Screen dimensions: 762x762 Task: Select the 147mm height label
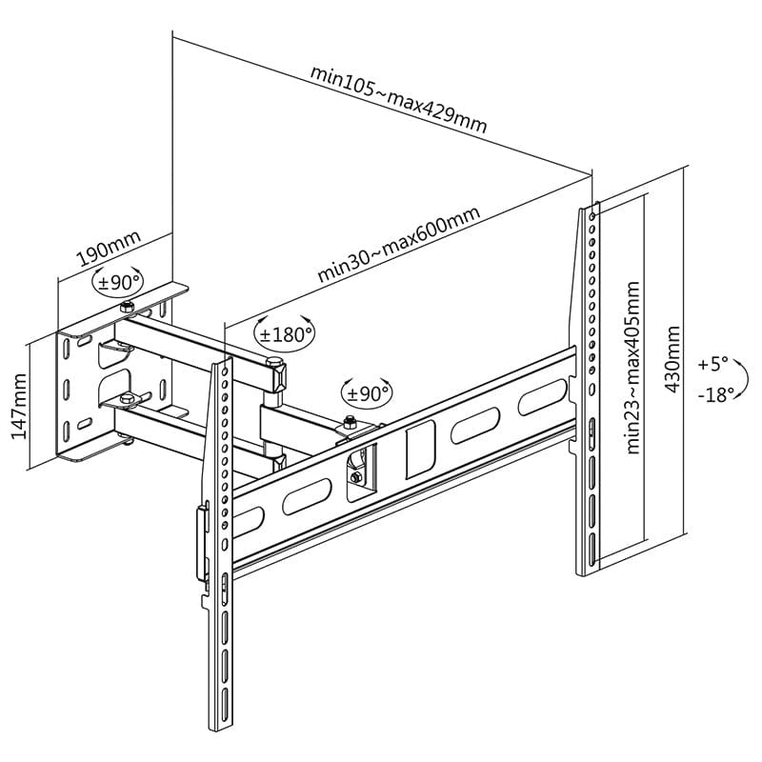[17, 406]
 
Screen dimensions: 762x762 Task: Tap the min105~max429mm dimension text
[398, 99]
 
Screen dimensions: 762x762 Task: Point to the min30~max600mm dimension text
[398, 245]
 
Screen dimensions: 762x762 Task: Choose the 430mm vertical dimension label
[672, 359]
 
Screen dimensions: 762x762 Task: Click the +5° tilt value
[712, 364]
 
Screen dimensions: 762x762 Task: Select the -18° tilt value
[713, 394]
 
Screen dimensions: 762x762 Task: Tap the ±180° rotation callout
[284, 334]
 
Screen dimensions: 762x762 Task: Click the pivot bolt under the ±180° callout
[274, 362]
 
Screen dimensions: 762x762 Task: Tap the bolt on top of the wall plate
[127, 307]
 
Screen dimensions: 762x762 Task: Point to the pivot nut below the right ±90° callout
[349, 422]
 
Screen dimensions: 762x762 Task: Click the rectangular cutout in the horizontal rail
[418, 451]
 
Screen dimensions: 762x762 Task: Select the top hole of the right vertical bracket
[593, 217]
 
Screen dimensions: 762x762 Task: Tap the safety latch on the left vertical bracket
[201, 543]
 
